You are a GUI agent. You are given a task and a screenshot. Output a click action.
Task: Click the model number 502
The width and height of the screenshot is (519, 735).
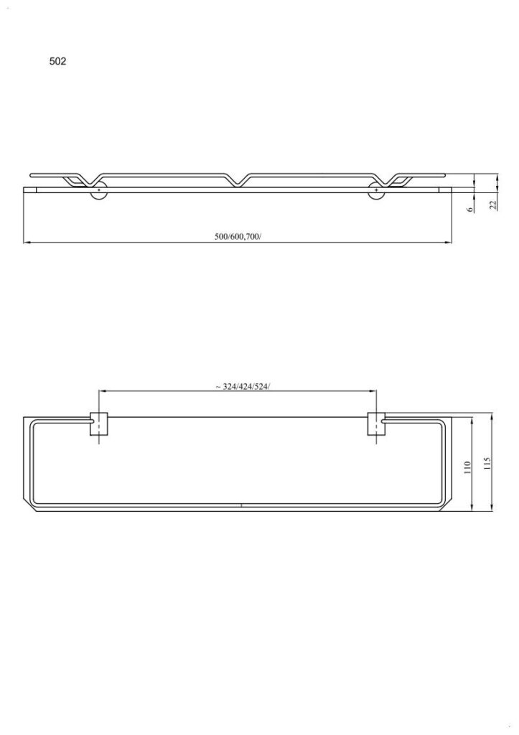click(x=57, y=62)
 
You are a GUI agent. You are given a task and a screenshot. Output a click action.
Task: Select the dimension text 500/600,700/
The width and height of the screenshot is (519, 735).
click(x=238, y=236)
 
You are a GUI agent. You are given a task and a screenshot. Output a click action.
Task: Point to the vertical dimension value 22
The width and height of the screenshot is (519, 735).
click(x=493, y=205)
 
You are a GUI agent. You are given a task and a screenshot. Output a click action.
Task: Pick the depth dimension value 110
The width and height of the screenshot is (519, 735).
click(x=467, y=468)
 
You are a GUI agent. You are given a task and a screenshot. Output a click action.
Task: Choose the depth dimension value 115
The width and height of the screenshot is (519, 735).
click(x=487, y=464)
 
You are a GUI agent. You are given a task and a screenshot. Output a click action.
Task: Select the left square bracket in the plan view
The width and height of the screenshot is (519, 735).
click(x=98, y=424)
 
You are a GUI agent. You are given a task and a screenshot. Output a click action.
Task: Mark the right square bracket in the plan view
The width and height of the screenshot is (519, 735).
click(x=377, y=424)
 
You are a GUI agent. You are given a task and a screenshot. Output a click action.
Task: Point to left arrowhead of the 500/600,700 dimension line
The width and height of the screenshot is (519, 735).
click(x=27, y=243)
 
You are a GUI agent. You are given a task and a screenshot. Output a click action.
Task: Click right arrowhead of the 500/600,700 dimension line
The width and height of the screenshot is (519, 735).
click(x=449, y=243)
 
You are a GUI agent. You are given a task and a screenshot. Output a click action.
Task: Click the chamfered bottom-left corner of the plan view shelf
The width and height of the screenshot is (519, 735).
click(x=29, y=509)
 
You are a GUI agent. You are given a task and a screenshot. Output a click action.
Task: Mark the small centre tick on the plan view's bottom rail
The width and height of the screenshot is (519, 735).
click(x=242, y=506)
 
